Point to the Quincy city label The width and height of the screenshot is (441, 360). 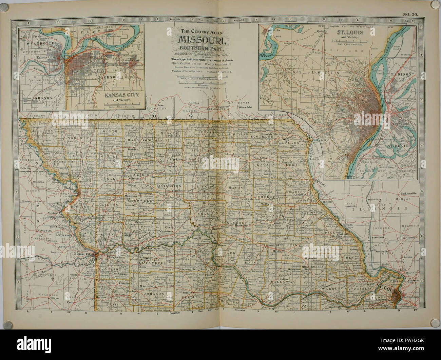(321, 185)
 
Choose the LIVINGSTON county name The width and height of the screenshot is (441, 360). (168, 186)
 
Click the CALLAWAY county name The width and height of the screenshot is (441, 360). (285, 281)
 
